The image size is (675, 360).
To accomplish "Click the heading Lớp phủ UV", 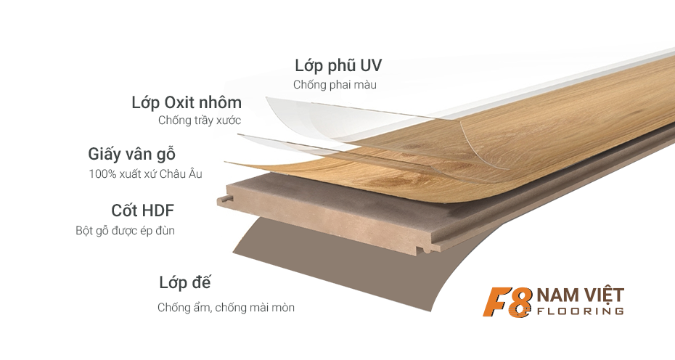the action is (337, 65).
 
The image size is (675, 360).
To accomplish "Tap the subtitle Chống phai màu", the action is (335, 85).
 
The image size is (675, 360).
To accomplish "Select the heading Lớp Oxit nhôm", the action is (187, 102).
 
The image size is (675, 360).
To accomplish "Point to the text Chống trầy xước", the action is (200, 120).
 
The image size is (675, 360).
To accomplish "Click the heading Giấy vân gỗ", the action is (132, 155).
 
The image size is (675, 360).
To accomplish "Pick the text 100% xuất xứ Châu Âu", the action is (145, 174).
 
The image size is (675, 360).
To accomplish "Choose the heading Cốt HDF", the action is (142, 210).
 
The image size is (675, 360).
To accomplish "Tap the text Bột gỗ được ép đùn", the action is (125, 231).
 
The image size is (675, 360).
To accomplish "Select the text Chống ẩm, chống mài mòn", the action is (226, 308).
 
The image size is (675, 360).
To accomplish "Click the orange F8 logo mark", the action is (509, 302).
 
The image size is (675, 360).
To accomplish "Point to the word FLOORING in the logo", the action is (580, 311).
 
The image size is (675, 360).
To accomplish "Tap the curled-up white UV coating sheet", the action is (290, 116).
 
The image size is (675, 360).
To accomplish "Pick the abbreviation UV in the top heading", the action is (370, 65).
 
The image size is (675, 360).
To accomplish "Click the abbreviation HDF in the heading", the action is (158, 210).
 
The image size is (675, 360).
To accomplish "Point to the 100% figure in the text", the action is (100, 174).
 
